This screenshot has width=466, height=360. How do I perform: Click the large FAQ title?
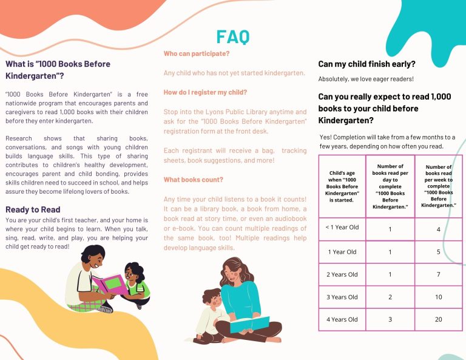[232, 37]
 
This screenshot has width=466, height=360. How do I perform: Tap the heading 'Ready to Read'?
[33, 210]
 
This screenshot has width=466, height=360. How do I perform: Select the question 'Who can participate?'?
[196, 54]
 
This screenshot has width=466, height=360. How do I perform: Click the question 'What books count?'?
[193, 180]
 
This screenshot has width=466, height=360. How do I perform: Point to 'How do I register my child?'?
[205, 92]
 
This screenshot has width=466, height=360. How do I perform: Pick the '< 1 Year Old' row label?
[343, 228]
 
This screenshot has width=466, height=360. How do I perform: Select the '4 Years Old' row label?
[343, 319]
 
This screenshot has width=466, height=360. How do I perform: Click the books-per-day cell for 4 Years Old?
[390, 319]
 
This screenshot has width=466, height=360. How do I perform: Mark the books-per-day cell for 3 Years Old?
[390, 297]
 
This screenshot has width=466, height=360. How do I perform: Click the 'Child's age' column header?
[343, 186]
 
